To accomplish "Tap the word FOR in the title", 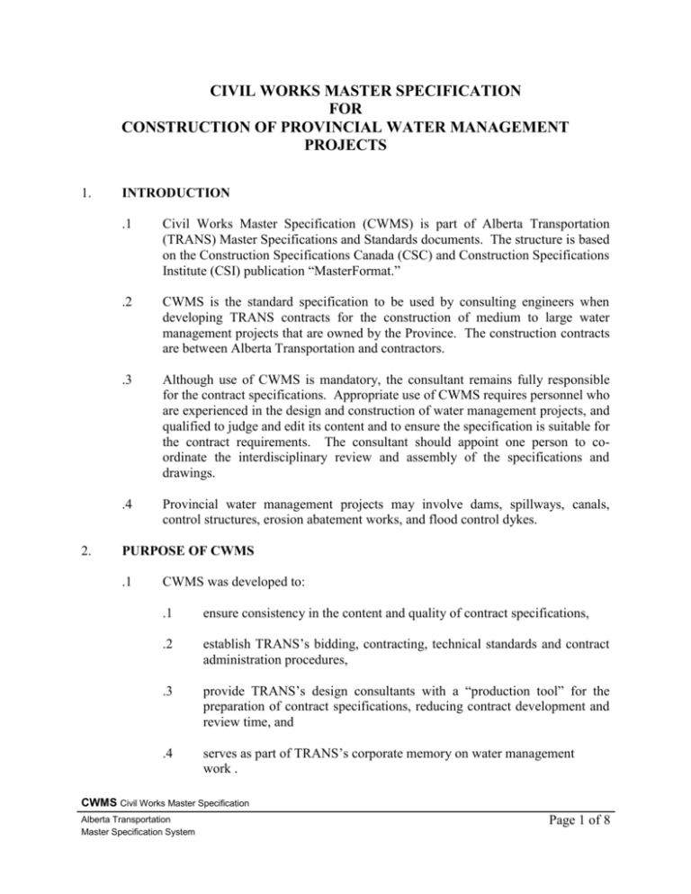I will (x=345, y=114).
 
